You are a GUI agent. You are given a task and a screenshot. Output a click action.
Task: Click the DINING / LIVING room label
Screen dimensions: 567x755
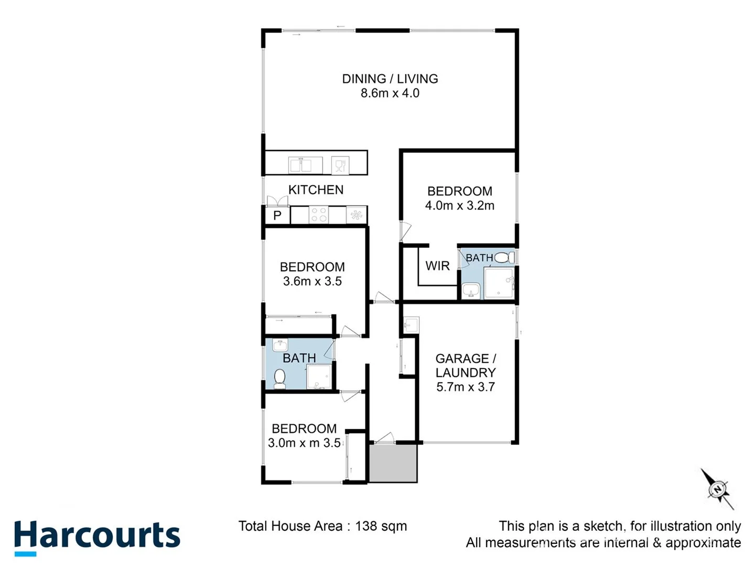[390, 79]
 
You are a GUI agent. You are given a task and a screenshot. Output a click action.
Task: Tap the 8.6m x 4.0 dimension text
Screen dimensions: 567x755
[390, 93]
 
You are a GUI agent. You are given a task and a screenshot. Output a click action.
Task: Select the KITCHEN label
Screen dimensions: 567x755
[316, 190]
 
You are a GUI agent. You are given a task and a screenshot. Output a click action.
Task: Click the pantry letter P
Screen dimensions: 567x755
[277, 215]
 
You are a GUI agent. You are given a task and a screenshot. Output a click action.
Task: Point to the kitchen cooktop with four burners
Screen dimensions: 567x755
[319, 215]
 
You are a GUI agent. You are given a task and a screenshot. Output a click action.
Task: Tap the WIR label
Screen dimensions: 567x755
[437, 266]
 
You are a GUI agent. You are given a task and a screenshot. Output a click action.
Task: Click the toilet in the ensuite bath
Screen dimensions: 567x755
[504, 257]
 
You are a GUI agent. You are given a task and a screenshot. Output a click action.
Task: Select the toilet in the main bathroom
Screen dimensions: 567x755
[279, 379]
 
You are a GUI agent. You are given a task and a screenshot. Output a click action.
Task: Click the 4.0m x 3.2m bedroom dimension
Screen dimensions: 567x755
[459, 206]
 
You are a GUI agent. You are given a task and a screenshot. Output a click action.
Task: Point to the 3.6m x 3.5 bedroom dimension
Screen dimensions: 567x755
[312, 281]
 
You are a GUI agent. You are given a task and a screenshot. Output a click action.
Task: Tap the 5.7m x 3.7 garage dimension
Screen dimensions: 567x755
[465, 387]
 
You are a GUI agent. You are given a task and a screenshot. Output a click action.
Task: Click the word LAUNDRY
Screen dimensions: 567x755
[465, 373]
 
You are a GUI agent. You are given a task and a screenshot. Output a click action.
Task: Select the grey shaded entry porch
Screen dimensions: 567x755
[393, 463]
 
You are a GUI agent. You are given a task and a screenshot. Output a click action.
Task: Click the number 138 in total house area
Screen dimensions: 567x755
[366, 526]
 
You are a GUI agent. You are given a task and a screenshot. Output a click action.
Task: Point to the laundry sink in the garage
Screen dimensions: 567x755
[411, 325]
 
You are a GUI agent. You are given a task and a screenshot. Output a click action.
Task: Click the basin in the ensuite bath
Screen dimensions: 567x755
[471, 290]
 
